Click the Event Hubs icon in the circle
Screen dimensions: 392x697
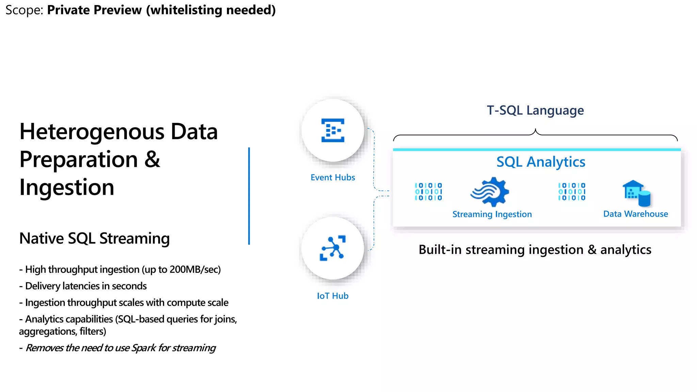[x=333, y=130]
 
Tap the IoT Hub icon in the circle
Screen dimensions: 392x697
[x=333, y=248]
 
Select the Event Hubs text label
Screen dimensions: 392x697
[x=333, y=177]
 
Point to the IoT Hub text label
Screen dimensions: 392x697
[x=333, y=296]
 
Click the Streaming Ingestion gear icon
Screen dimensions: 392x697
[x=490, y=192]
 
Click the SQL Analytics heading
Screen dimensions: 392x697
[x=540, y=162]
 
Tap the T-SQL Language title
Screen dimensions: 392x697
[x=535, y=110]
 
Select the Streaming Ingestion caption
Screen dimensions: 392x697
[x=492, y=214]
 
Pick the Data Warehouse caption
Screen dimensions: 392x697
[x=635, y=214]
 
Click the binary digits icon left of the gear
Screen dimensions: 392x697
[x=428, y=192]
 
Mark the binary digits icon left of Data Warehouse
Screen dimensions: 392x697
[x=571, y=192]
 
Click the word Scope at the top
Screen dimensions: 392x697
[x=23, y=10]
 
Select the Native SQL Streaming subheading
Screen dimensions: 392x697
[x=94, y=238]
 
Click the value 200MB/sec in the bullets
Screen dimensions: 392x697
[x=194, y=269]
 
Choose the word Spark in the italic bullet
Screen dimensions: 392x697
[x=143, y=348]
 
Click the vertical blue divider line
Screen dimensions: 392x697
[x=249, y=196]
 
